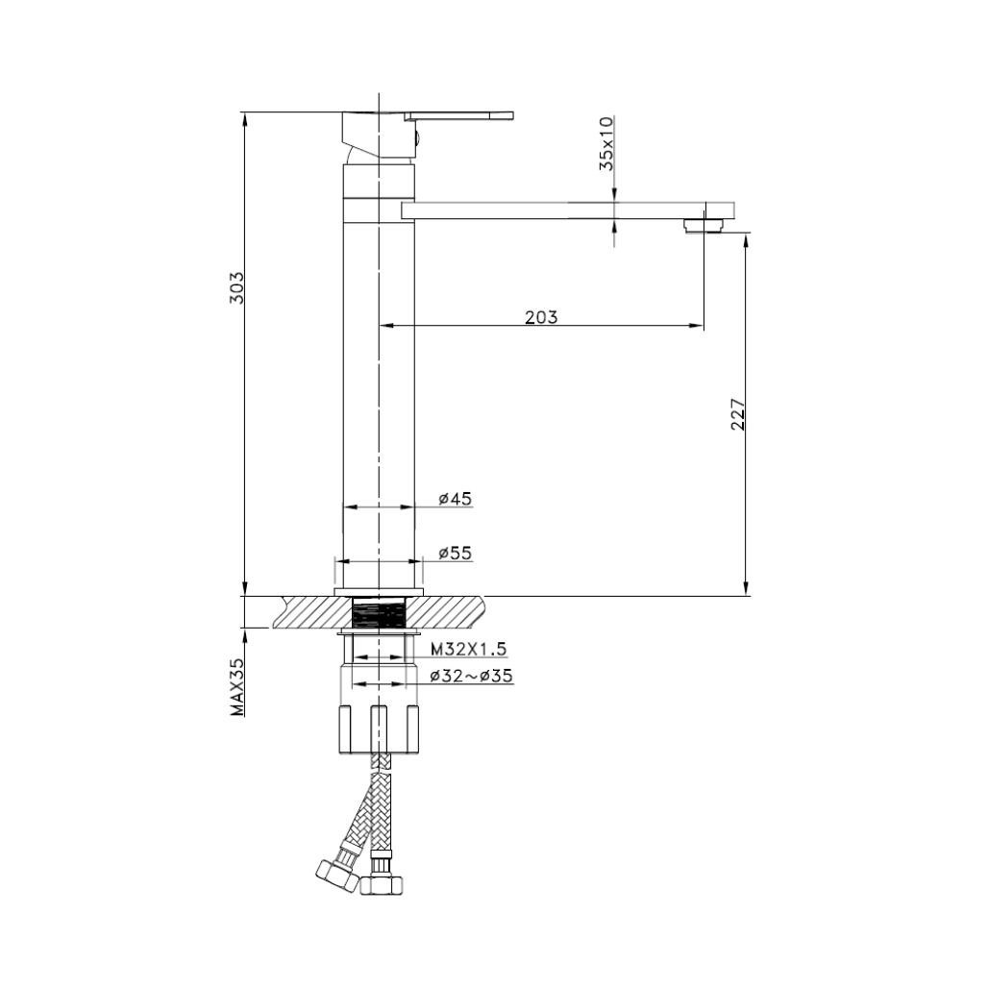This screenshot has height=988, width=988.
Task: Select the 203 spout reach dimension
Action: click(x=541, y=316)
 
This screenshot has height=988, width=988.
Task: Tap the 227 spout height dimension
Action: click(x=738, y=412)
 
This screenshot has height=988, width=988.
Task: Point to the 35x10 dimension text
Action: click(x=606, y=143)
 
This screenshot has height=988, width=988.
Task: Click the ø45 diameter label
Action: click(x=455, y=498)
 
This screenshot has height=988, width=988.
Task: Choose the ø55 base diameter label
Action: click(x=455, y=553)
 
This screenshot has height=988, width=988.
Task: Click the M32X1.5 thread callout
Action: click(x=468, y=649)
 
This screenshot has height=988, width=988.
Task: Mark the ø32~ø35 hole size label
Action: click(x=471, y=676)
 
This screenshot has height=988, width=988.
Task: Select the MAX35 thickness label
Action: click(x=236, y=686)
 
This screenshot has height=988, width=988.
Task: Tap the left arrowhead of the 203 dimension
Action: click(x=386, y=326)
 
